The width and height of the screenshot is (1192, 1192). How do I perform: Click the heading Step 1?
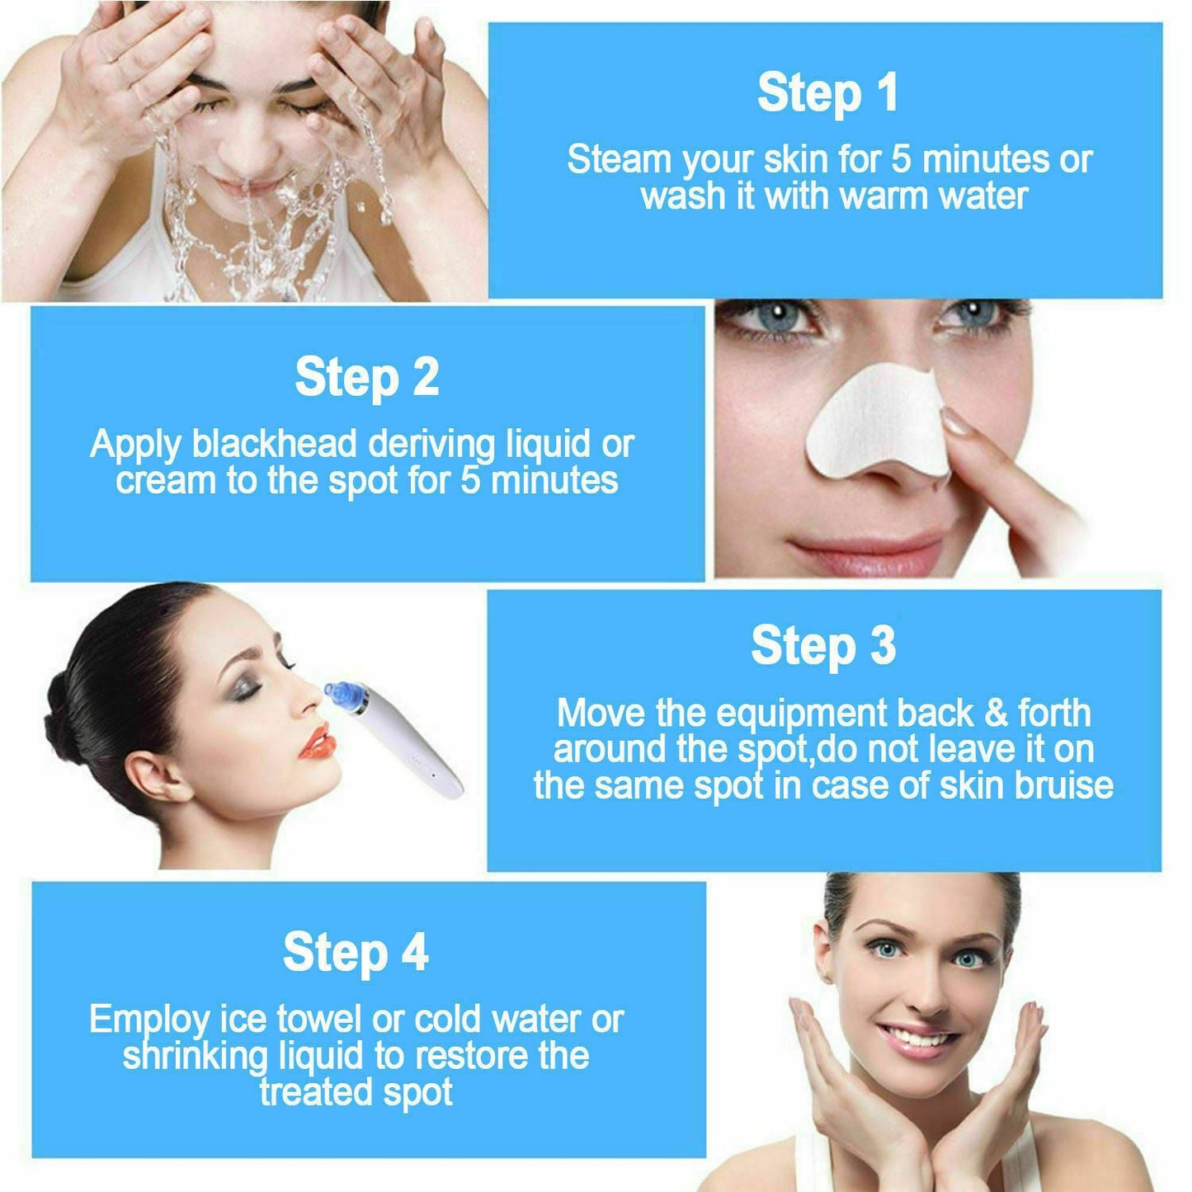tap(827, 92)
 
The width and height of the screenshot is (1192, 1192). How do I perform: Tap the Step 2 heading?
tap(367, 378)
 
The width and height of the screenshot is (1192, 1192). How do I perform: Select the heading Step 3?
tap(823, 646)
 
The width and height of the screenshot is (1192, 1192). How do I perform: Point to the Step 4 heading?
tap(356, 953)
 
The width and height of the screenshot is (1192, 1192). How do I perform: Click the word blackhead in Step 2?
tap(276, 445)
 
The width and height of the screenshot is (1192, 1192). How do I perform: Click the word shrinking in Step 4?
tap(196, 1057)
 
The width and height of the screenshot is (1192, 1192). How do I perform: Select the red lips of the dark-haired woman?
tap(318, 740)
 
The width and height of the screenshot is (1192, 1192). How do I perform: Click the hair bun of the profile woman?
tap(61, 706)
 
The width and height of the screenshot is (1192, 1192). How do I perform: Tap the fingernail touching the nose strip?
tap(958, 423)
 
